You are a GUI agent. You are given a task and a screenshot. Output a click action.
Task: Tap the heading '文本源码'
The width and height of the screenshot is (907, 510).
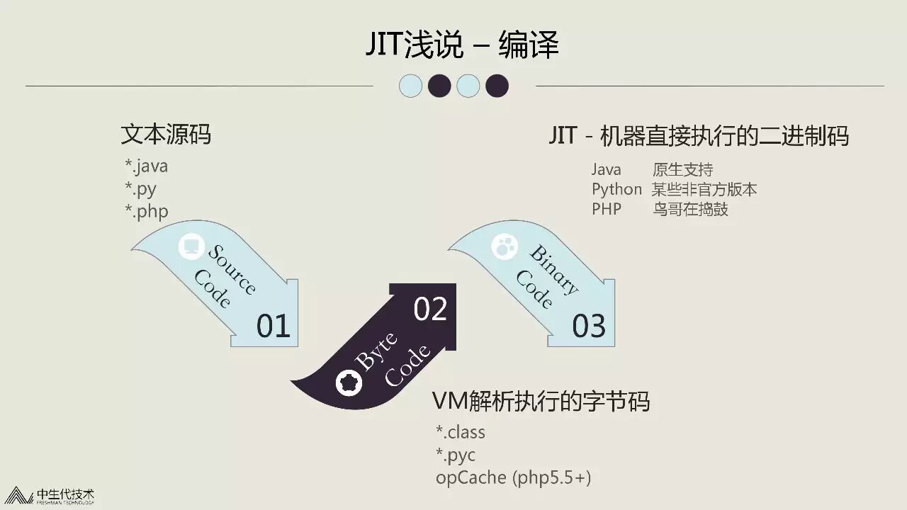(166, 134)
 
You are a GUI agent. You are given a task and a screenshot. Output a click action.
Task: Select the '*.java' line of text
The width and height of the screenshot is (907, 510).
(147, 166)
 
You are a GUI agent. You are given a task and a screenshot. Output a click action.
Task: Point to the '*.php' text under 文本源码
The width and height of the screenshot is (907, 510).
(147, 211)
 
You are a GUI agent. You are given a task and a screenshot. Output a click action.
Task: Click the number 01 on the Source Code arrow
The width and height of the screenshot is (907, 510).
(274, 327)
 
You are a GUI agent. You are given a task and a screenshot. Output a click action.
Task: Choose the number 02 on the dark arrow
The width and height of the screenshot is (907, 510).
(430, 310)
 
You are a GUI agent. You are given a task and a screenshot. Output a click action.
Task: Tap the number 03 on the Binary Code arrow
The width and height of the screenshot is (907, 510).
(589, 327)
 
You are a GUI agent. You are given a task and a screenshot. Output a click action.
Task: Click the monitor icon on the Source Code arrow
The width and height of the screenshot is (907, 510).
(191, 246)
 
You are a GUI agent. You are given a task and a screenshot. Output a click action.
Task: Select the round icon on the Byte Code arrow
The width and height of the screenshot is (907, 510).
(349, 382)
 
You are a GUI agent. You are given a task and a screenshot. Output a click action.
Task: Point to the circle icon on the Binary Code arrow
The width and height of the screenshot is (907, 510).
(505, 246)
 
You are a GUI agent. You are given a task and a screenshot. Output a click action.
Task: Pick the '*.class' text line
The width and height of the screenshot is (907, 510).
(461, 431)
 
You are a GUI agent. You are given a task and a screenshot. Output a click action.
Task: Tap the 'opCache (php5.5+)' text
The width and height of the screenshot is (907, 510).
(513, 477)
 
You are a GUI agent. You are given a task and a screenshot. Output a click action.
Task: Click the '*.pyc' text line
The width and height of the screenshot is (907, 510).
(456, 454)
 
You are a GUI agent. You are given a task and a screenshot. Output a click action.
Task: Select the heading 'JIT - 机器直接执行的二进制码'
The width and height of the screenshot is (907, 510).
(698, 135)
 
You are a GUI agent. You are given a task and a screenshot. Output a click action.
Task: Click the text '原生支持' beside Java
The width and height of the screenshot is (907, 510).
(682, 170)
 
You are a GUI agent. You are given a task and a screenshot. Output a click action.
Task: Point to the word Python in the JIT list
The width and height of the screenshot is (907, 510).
(616, 189)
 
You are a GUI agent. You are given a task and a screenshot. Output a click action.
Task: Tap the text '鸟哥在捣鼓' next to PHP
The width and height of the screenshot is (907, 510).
(689, 210)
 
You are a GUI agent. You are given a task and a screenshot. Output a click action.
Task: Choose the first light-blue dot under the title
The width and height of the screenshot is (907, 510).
(411, 86)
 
